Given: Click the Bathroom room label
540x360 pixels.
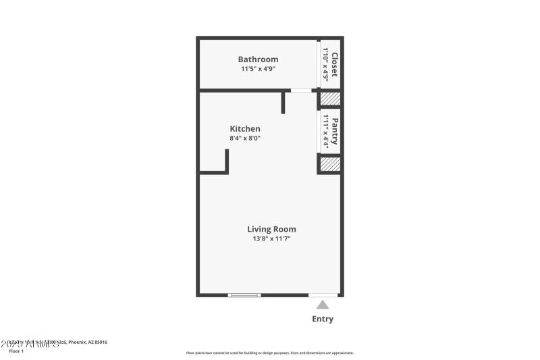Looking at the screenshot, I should coord(258,59).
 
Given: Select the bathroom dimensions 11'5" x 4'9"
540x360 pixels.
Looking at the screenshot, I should coord(258,69).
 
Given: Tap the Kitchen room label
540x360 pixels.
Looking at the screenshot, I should coord(245,129).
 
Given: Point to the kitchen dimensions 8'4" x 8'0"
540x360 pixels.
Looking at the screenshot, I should coord(245,138).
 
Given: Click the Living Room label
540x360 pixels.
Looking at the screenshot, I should coord(271,229).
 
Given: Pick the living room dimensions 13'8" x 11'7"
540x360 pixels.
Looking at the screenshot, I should coord(271,238).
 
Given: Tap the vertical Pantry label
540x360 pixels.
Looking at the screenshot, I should coord(334,131).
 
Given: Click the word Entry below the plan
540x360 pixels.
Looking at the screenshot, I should coord(322,319).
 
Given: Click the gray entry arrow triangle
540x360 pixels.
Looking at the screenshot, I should coord(323,305).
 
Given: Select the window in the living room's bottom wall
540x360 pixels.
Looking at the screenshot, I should coord(244,295).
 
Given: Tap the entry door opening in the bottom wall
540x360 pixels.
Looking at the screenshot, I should coord(323,295).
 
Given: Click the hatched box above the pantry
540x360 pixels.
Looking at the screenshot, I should coord(329,99).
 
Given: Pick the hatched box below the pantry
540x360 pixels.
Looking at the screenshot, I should coord(329,164).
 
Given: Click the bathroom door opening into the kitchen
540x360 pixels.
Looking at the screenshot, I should coord(301,90).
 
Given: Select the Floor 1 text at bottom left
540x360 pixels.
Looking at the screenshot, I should coord(16,351).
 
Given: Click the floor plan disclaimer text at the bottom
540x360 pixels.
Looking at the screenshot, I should coord(269,353).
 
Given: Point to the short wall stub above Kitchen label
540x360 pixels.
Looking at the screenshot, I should coord(283,102).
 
